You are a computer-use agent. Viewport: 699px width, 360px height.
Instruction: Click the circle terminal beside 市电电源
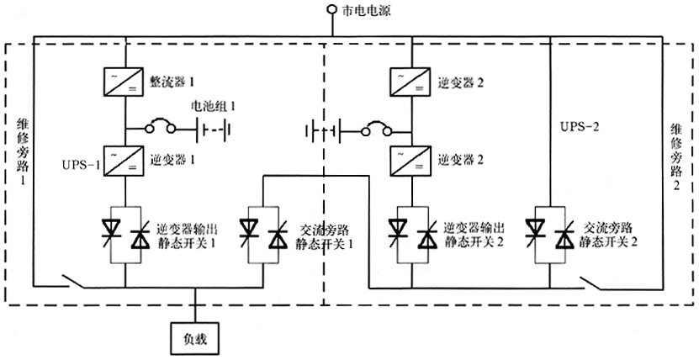(x=331, y=11)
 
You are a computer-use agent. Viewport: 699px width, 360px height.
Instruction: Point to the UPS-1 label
(x=81, y=165)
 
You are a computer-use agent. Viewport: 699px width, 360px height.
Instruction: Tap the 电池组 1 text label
(x=214, y=107)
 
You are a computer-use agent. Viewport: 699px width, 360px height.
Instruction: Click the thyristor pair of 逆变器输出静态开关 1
(x=124, y=234)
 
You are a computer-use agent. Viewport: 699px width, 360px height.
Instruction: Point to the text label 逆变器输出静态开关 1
(x=188, y=235)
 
